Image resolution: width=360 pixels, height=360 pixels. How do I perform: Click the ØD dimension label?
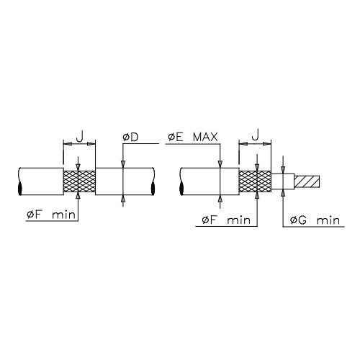[x=130, y=138]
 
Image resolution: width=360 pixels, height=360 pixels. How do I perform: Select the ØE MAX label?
[x=193, y=137]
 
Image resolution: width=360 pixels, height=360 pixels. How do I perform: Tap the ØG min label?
[x=315, y=220]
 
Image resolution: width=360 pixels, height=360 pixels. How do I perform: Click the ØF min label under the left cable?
[x=51, y=215]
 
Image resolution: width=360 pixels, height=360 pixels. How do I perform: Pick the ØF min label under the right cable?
[x=226, y=220]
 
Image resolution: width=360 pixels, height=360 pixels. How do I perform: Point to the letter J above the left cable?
[x=80, y=136]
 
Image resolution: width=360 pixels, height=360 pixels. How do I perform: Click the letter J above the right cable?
[x=256, y=135]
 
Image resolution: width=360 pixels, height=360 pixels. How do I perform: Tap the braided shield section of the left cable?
[x=79, y=181]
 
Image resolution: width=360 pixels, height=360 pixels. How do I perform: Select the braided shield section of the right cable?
[x=255, y=181]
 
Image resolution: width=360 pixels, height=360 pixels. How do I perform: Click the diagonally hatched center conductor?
[x=307, y=181]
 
